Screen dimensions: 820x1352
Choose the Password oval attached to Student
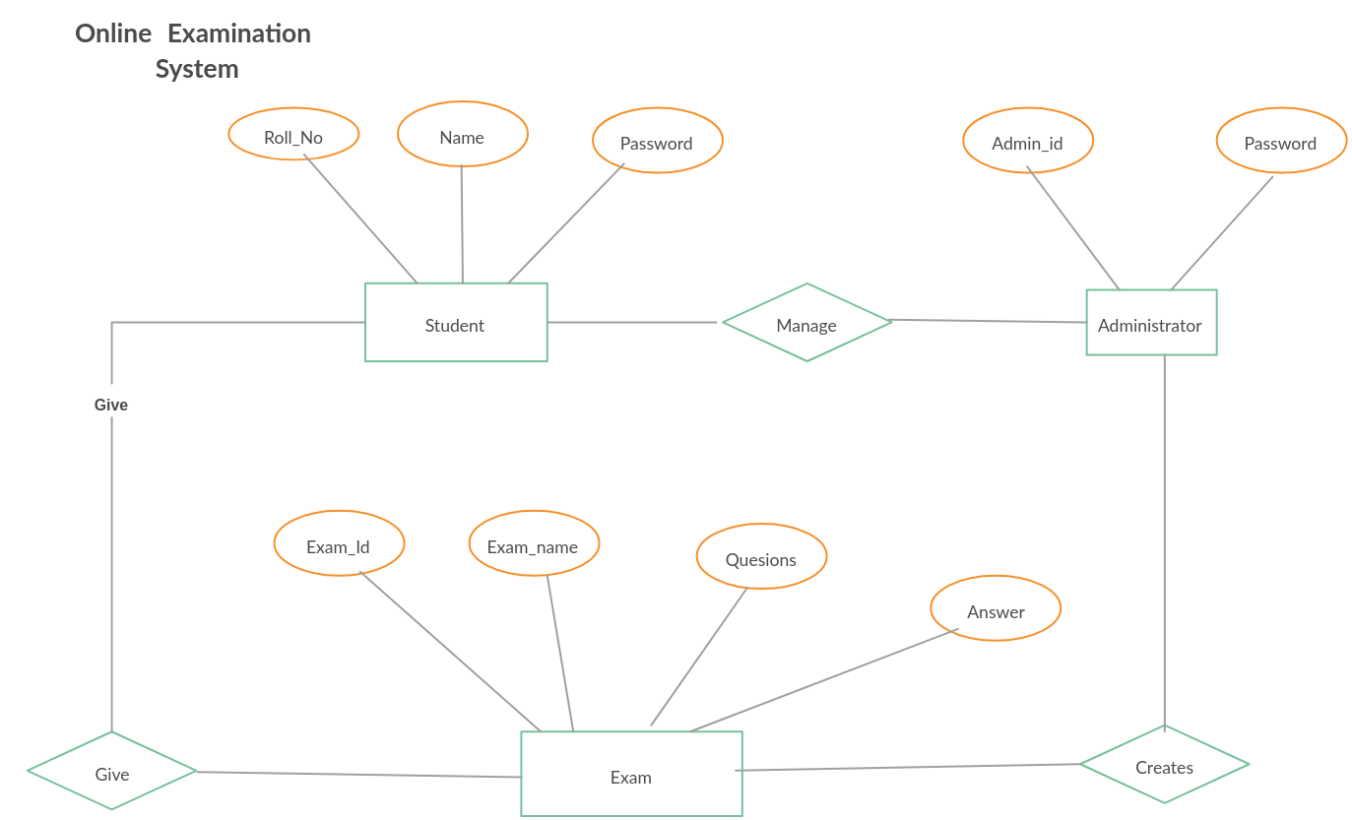coord(657,142)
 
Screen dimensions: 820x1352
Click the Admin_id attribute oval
coord(1027,142)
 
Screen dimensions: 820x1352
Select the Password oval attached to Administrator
coord(1280,142)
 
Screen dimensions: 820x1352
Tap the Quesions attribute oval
coord(761,558)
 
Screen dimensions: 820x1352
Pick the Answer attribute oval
coord(996,610)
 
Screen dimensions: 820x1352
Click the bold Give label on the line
coord(111,405)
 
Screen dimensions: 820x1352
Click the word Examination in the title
coord(239,33)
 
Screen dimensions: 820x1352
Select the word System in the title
coord(197,69)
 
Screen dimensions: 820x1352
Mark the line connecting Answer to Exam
coord(822,680)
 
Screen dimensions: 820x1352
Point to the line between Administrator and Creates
coord(1165,541)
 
